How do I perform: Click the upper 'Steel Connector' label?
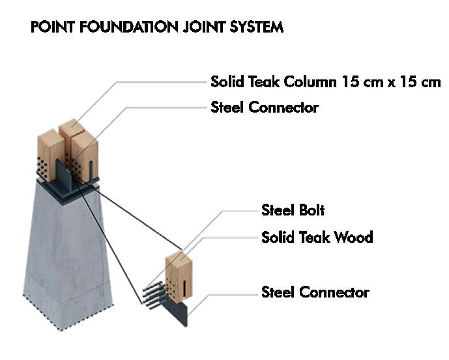(265, 107)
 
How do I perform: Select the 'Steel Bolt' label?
(293, 210)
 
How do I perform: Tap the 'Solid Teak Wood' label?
(317, 237)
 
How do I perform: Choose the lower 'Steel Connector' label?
(315, 292)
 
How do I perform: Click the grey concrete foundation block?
(65, 247)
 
